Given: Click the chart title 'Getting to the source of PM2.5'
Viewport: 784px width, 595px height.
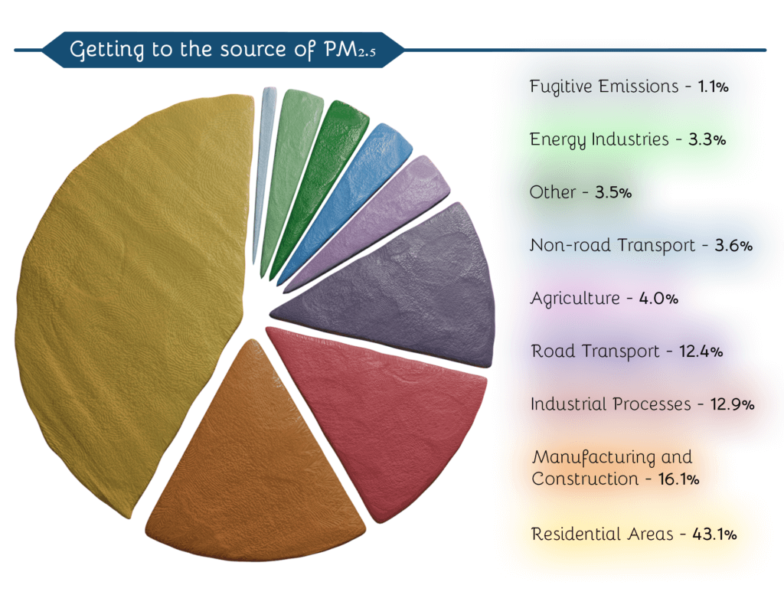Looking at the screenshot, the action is (x=223, y=50).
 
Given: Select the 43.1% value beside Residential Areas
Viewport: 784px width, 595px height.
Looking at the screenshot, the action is (x=714, y=535).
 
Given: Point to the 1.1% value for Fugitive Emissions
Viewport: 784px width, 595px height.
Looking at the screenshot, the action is (x=713, y=87).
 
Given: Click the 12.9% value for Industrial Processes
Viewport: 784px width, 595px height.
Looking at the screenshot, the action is (x=732, y=404).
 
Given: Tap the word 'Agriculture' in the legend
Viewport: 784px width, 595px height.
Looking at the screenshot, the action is (x=576, y=299).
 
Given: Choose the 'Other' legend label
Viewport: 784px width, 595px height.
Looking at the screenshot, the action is (x=553, y=192).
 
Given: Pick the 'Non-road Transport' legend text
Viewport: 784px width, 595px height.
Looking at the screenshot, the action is (x=612, y=246).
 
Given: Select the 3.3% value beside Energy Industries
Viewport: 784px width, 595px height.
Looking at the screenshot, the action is (x=707, y=139).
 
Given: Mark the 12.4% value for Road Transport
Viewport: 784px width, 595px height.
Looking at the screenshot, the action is (x=701, y=351).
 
